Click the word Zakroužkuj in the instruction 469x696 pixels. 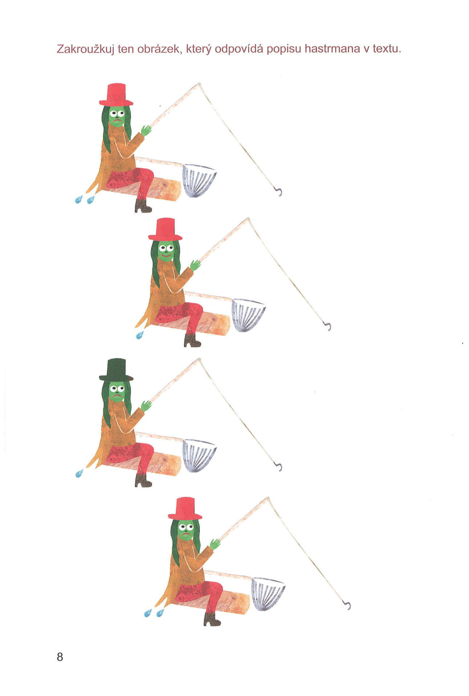pos(85,49)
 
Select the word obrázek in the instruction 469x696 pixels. pos(159,49)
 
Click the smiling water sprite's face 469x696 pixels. pos(166,251)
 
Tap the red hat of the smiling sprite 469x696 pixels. pos(165,229)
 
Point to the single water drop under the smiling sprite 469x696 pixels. pos(140,335)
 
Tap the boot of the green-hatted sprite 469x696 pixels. pos(143,480)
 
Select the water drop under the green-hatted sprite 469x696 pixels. pos(79,473)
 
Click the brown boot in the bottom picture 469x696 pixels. pos(212,619)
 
